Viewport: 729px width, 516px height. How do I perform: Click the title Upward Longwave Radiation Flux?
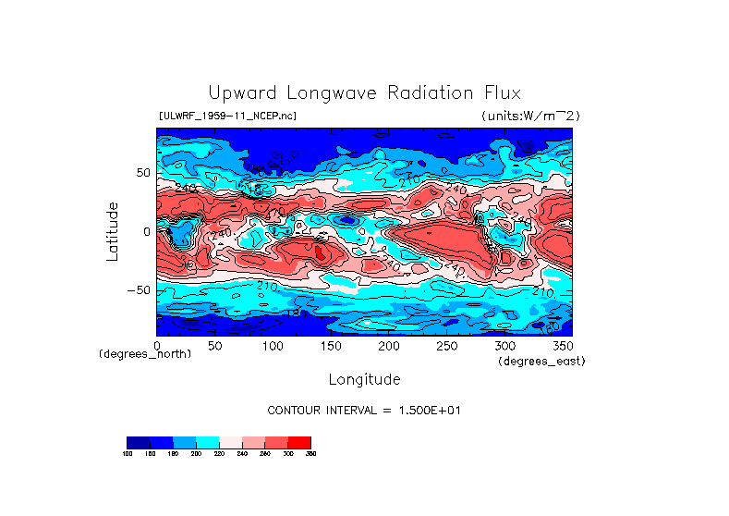(x=364, y=93)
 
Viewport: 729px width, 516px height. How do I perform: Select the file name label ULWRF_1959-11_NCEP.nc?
(x=227, y=116)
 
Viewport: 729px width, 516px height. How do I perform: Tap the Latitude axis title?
(x=112, y=231)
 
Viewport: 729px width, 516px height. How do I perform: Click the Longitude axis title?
(x=364, y=379)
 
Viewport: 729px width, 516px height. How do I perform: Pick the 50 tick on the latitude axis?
(x=142, y=173)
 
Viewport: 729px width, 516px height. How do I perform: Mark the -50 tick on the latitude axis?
(x=139, y=290)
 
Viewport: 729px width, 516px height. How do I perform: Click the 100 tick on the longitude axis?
(x=273, y=345)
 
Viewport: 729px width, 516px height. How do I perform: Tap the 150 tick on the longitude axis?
(x=331, y=345)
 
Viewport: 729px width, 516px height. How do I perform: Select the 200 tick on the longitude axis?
(x=389, y=345)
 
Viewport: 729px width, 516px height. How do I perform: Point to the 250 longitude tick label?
(x=446, y=345)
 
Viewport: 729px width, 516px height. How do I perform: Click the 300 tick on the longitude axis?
(x=504, y=345)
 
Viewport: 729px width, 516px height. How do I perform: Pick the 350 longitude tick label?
(x=562, y=345)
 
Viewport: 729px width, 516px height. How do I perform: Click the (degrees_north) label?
(x=145, y=355)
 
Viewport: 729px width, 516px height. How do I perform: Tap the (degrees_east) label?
(x=541, y=361)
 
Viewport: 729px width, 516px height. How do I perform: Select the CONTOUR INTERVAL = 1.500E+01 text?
(x=363, y=410)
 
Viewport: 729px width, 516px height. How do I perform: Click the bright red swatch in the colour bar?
(x=299, y=442)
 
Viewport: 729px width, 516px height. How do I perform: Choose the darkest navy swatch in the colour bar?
(x=138, y=442)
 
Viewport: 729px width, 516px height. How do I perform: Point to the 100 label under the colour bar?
(x=128, y=454)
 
